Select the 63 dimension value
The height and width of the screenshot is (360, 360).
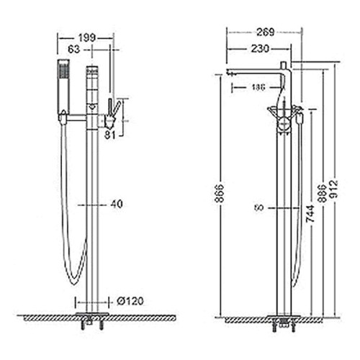click(x=73, y=49)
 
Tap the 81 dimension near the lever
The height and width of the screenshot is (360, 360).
click(x=110, y=134)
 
